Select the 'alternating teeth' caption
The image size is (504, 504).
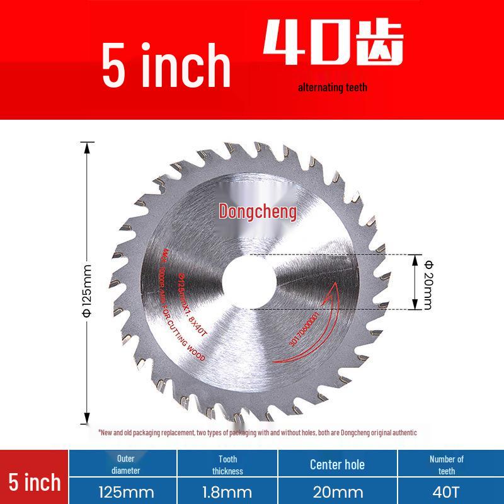click(332, 88)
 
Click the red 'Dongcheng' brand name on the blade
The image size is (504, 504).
click(257, 212)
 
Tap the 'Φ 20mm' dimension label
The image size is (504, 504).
click(428, 282)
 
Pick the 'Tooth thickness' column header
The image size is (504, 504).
click(227, 464)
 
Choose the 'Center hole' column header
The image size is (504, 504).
click(337, 465)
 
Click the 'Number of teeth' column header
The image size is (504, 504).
click(446, 464)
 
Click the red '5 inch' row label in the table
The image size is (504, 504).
click(34, 482)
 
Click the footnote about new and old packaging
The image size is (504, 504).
click(257, 433)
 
